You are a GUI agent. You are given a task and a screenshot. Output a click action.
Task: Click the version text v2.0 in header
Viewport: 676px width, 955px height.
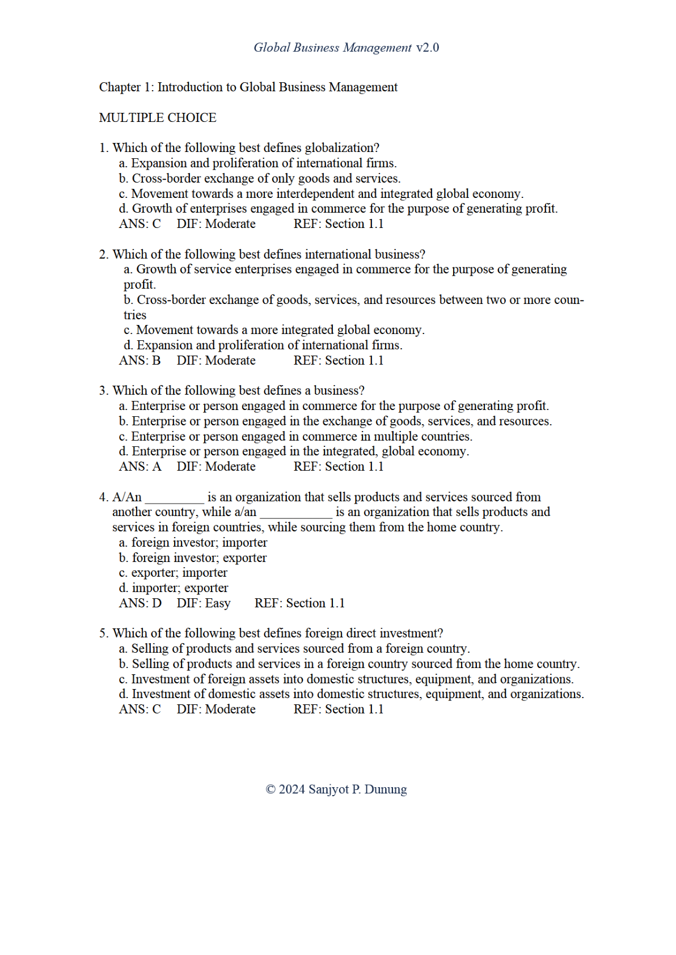pyautogui.click(x=427, y=48)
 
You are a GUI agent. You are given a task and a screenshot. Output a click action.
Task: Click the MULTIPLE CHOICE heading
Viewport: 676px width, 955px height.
pyautogui.click(x=158, y=118)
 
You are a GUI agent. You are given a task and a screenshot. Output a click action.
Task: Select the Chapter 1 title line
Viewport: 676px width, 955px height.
pyautogui.click(x=248, y=87)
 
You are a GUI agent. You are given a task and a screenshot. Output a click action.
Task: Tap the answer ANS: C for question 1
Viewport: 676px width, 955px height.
pyautogui.click(x=140, y=224)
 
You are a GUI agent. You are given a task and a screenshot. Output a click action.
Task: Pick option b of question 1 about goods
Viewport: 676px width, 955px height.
pyautogui.click(x=260, y=179)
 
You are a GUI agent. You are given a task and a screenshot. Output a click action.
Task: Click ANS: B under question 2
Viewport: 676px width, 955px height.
pyautogui.click(x=140, y=361)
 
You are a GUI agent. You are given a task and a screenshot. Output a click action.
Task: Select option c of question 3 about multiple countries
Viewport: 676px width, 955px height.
pyautogui.click(x=295, y=437)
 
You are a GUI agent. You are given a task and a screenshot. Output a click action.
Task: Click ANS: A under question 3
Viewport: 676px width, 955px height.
pyautogui.click(x=140, y=467)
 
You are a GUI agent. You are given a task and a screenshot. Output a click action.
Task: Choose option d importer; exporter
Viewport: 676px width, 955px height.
pyautogui.click(x=174, y=588)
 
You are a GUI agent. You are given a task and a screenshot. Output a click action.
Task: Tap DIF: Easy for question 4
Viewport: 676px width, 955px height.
pyautogui.click(x=204, y=603)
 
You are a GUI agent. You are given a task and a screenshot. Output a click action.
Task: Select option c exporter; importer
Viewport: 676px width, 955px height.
pyautogui.click(x=173, y=573)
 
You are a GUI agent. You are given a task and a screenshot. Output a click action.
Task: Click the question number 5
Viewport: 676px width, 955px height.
pyautogui.click(x=103, y=633)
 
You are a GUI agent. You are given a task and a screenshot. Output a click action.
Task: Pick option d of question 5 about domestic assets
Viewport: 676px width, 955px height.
pyautogui.click(x=351, y=694)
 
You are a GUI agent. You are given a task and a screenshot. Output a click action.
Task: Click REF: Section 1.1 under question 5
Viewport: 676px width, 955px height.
pyautogui.click(x=338, y=709)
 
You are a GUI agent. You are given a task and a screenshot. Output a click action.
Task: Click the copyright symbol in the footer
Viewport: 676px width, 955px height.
pyautogui.click(x=271, y=790)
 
